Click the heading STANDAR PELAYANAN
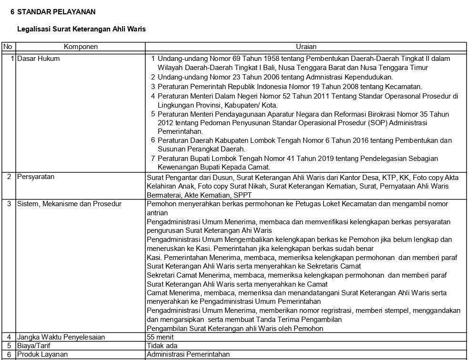[x=56, y=12]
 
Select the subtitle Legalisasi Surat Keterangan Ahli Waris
[x=82, y=29]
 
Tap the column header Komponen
[x=81, y=47]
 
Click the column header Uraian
[x=306, y=47]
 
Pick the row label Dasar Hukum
[x=39, y=59]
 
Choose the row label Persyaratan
[x=36, y=177]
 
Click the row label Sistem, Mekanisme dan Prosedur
[x=69, y=204]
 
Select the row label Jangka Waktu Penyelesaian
[x=61, y=337]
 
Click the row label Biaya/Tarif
[x=34, y=346]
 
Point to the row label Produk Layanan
[x=42, y=354]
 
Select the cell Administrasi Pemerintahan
[x=188, y=354]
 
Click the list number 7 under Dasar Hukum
[x=153, y=158]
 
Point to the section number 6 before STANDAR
[x=12, y=12]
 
